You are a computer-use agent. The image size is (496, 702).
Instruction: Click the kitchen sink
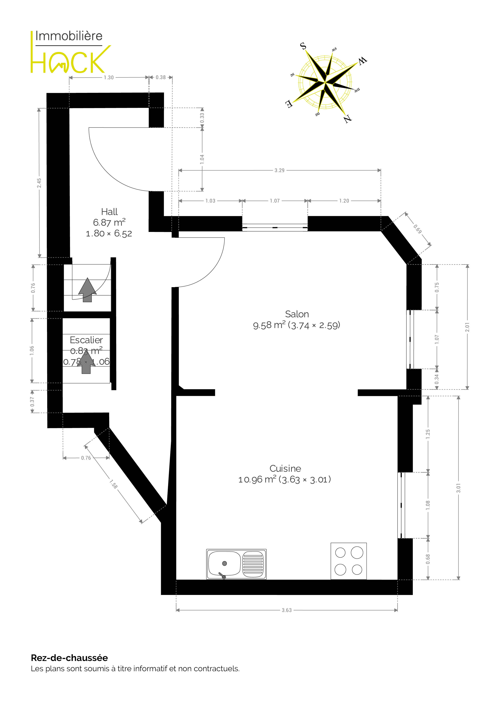pyautogui.click(x=236, y=564)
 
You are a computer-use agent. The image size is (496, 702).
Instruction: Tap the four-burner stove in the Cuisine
pyautogui.click(x=349, y=561)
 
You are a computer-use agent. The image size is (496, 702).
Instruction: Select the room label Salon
pyautogui.click(x=297, y=314)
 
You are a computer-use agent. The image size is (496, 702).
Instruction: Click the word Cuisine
pyautogui.click(x=285, y=468)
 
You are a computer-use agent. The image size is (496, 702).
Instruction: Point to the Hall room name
pyautogui.click(x=109, y=212)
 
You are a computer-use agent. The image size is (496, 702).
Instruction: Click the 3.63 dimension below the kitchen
pyautogui.click(x=287, y=610)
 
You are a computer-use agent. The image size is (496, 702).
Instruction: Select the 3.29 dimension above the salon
pyautogui.click(x=279, y=170)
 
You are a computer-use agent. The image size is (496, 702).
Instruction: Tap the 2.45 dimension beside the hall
pyautogui.click(x=39, y=183)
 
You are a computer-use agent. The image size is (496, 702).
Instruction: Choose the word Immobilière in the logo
pyautogui.click(x=69, y=36)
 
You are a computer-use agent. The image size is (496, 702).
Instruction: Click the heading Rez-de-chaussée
pyautogui.click(x=69, y=658)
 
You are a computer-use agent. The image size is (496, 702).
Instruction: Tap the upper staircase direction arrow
pyautogui.click(x=87, y=290)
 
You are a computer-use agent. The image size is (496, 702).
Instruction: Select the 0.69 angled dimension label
pyautogui.click(x=417, y=229)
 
